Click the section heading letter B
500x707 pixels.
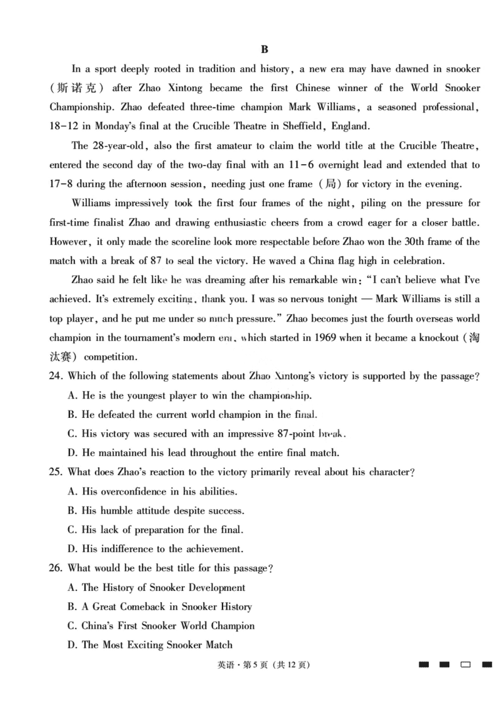264,49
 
